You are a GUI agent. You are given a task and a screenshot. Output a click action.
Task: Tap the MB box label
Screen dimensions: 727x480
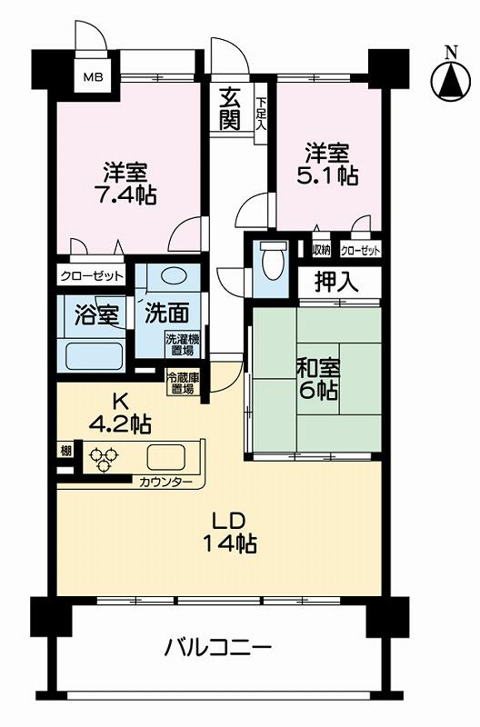(x=95, y=77)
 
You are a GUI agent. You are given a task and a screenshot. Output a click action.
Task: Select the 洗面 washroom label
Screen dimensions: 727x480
(x=166, y=314)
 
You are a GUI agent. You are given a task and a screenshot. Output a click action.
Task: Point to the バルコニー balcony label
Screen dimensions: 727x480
(x=217, y=650)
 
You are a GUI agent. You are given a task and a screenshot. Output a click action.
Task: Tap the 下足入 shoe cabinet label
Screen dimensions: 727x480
(x=260, y=114)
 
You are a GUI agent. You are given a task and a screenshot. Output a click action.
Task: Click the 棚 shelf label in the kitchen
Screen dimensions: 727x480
(x=67, y=452)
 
